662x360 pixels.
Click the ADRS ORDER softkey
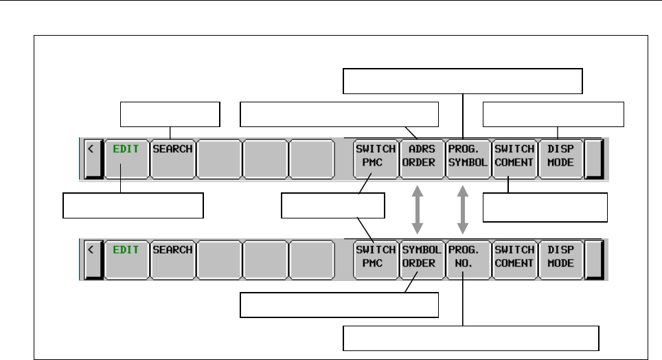(x=419, y=155)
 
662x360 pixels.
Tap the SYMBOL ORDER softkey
(x=419, y=256)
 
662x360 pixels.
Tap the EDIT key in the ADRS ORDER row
(x=126, y=155)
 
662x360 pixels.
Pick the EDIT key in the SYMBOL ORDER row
(x=126, y=256)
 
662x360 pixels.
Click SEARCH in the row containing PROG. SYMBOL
(x=172, y=155)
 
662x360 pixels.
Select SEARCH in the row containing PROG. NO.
(x=172, y=256)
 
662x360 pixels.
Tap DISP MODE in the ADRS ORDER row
(x=560, y=155)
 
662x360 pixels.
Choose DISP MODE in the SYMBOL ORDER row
(x=560, y=256)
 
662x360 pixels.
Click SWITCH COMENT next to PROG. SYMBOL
(x=514, y=155)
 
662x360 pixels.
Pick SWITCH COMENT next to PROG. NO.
(x=514, y=256)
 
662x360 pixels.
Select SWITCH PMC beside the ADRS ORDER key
(x=374, y=155)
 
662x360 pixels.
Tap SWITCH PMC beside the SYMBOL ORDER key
(x=374, y=256)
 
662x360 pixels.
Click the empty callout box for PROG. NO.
(x=471, y=339)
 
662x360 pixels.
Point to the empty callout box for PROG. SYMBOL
(x=463, y=80)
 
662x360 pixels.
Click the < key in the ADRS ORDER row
(x=91, y=155)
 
